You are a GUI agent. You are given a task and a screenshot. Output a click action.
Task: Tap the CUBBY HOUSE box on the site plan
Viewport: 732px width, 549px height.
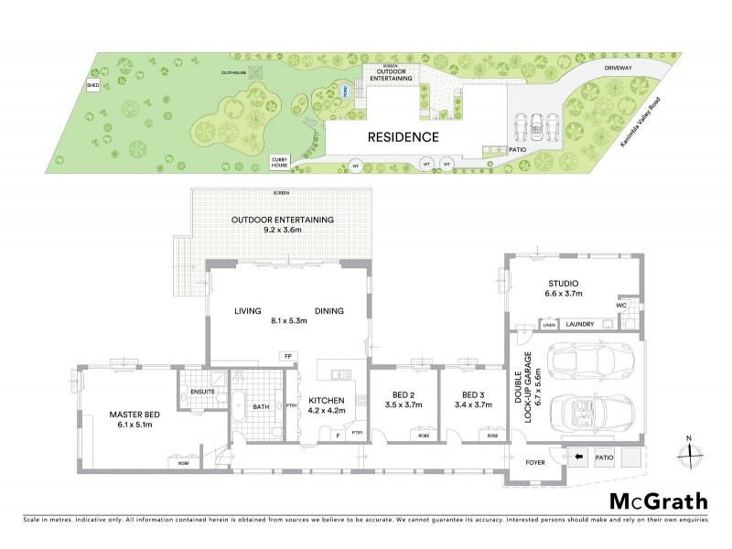(279, 162)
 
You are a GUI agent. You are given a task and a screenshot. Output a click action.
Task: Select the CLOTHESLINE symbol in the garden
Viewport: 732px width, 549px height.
(258, 74)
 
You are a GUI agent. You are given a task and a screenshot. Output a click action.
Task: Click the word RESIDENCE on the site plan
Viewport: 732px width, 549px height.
(404, 138)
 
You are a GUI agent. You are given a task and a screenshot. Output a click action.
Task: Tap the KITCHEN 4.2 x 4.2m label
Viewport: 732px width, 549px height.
(326, 406)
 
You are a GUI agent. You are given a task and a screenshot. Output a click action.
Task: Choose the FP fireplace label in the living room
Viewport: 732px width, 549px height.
(286, 356)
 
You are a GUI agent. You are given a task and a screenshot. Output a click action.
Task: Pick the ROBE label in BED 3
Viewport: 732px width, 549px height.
(493, 436)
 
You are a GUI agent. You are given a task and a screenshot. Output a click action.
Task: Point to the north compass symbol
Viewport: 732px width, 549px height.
(689, 452)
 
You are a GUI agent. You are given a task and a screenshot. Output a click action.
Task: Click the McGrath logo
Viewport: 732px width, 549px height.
(658, 501)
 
